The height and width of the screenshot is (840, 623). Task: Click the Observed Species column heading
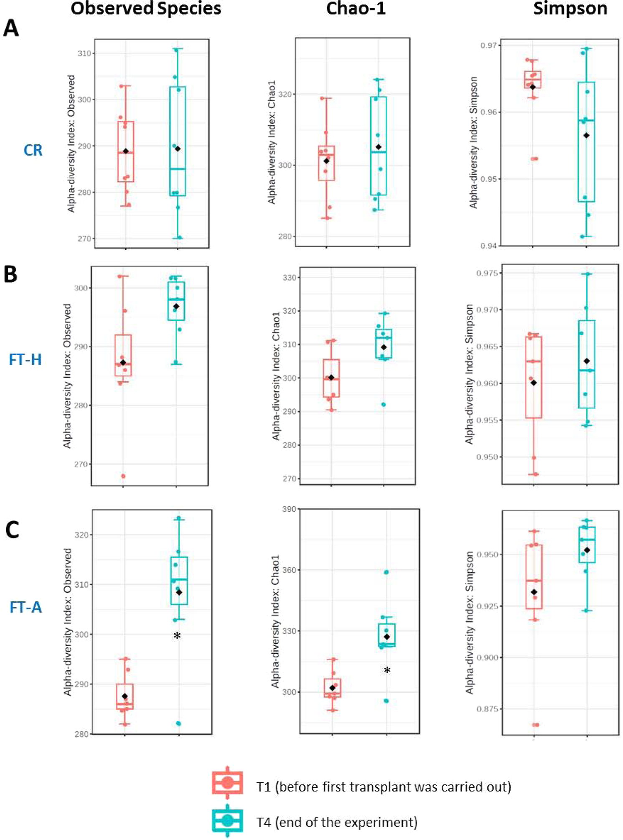click(x=146, y=9)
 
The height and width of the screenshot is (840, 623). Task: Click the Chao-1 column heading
click(x=356, y=9)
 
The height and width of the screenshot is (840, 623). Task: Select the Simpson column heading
click(x=570, y=9)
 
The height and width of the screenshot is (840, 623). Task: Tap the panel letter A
click(x=11, y=28)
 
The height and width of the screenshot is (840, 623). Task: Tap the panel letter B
click(x=10, y=274)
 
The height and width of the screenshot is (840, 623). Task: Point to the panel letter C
click(x=12, y=530)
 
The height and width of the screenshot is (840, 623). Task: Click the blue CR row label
click(x=33, y=150)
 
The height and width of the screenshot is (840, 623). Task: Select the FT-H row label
click(x=25, y=359)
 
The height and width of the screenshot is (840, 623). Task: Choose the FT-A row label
click(x=25, y=607)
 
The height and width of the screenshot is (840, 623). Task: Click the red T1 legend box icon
click(x=227, y=782)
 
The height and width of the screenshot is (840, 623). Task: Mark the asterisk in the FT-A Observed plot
click(x=177, y=636)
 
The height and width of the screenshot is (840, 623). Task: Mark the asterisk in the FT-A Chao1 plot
click(x=387, y=671)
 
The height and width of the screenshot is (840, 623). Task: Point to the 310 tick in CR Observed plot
click(x=85, y=53)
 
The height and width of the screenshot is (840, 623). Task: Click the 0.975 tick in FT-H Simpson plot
click(x=487, y=273)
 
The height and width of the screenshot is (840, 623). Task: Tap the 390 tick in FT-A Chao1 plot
click(x=289, y=509)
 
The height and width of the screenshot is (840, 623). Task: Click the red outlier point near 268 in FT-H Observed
click(x=123, y=476)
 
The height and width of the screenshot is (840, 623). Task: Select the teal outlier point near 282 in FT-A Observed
click(x=178, y=723)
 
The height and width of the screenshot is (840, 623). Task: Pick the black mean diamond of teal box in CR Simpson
click(x=586, y=135)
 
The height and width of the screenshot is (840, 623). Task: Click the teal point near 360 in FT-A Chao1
click(x=386, y=572)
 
